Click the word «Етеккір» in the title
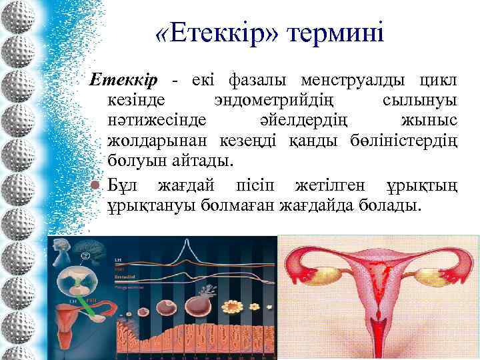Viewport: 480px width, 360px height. coord(215,33)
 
